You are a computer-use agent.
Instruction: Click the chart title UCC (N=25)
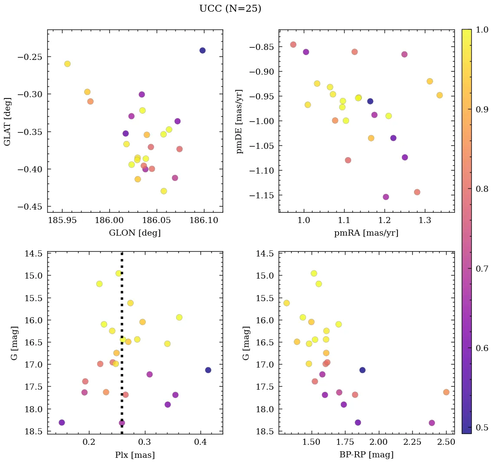[x=230, y=9]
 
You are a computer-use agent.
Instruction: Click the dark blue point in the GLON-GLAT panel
[x=202, y=50]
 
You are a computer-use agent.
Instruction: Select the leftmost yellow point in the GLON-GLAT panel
[x=67, y=64]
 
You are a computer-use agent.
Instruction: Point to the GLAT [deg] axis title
[x=7, y=121]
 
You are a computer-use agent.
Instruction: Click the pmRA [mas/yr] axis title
[x=366, y=233]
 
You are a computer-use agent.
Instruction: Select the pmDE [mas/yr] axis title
[x=239, y=121]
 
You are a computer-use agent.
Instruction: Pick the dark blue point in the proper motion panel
[x=370, y=101]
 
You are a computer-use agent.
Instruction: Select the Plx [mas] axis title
[x=135, y=455]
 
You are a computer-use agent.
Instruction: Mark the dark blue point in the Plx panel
[x=208, y=370]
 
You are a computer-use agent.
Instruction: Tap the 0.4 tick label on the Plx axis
[x=200, y=442]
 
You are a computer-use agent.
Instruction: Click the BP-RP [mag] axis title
[x=366, y=455]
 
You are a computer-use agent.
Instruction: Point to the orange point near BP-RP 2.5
[x=446, y=392]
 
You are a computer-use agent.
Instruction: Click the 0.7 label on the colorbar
[x=482, y=269]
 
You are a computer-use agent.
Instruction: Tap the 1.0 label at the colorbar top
[x=482, y=30]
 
